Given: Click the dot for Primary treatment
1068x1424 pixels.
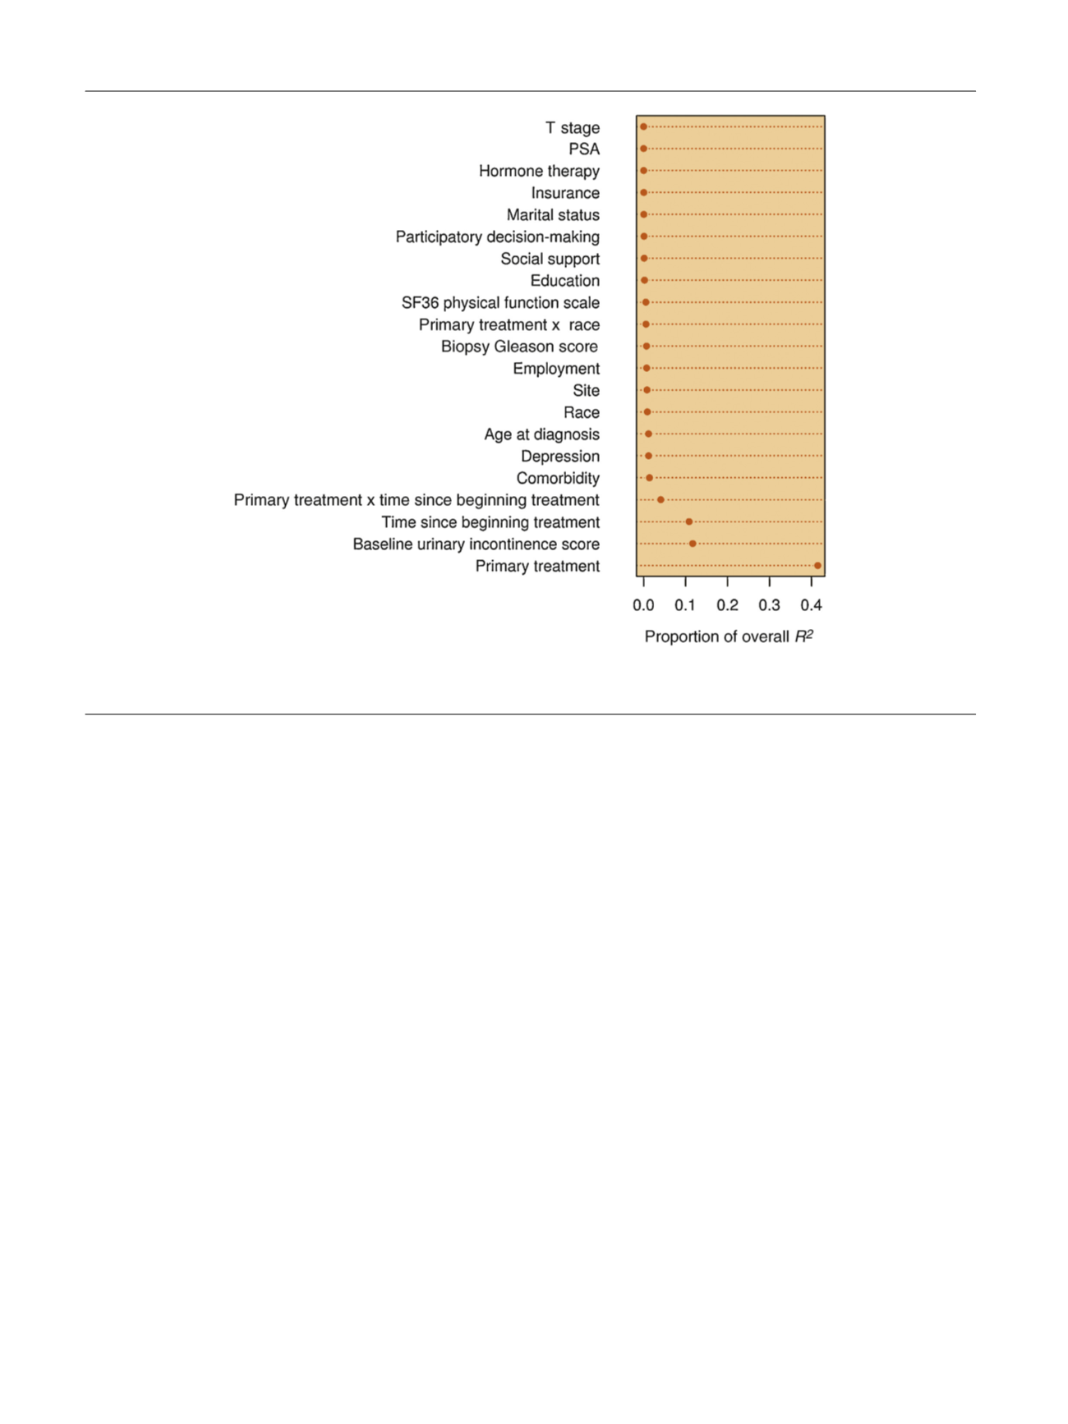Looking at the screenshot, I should tap(817, 566).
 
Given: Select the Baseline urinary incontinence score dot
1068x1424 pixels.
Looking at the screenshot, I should tap(693, 544).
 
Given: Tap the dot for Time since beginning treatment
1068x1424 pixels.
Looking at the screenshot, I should tap(689, 522).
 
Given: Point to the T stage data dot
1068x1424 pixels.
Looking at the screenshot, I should tap(644, 127).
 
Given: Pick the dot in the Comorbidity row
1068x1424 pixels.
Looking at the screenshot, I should tap(649, 478).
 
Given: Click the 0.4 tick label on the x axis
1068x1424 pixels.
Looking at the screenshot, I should tap(811, 605).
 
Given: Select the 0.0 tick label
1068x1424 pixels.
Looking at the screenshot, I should tap(643, 605).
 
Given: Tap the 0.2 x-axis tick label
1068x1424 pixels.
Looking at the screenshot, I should tap(727, 605).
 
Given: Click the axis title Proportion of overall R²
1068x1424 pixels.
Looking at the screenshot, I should tap(729, 636).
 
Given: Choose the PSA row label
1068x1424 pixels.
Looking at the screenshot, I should tap(584, 149).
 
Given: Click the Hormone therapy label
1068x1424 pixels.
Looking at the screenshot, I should tap(539, 171).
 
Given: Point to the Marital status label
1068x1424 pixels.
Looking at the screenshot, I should tap(553, 215).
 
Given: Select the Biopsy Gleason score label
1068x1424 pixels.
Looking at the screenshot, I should tap(519, 347).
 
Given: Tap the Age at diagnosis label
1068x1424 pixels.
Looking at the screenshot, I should tap(541, 434).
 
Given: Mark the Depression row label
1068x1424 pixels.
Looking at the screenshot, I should tap(560, 457).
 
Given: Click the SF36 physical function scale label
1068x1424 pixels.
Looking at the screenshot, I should tap(500, 303).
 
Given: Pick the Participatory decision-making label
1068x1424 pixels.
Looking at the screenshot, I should tap(497, 237).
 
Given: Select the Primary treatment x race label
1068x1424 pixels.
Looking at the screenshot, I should tap(509, 325).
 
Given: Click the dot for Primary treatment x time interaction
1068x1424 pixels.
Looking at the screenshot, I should tap(661, 500).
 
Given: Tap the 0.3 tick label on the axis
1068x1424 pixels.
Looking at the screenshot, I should tap(769, 605).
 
